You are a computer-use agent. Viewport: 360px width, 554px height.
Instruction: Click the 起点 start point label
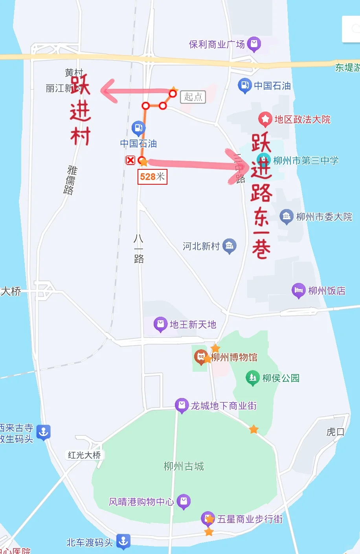click(193, 97)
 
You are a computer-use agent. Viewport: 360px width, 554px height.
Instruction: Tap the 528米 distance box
click(152, 177)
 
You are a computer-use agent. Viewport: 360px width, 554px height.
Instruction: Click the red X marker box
click(130, 160)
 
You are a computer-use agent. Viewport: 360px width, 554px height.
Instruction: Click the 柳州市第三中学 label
click(306, 160)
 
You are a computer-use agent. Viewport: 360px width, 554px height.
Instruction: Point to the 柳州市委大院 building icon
click(286, 216)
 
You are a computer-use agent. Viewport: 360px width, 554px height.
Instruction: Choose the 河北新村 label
click(201, 246)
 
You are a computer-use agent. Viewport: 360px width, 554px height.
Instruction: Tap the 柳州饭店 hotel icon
click(298, 290)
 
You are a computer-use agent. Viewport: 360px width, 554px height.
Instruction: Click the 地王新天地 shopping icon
click(160, 324)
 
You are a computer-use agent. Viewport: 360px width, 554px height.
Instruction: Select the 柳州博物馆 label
click(234, 357)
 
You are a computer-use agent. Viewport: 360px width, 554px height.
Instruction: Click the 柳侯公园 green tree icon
click(252, 378)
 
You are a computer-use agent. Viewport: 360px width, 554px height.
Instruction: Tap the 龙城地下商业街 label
click(224, 405)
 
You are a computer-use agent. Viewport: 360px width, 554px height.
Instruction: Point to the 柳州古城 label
click(184, 466)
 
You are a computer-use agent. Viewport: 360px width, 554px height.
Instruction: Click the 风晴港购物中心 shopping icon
click(184, 501)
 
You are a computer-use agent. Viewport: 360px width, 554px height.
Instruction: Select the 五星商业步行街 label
click(250, 519)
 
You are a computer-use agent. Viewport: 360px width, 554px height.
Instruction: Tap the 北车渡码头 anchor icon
click(123, 541)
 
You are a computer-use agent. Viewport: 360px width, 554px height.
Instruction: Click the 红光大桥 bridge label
click(84, 455)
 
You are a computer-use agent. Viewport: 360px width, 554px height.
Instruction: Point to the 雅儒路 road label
click(71, 180)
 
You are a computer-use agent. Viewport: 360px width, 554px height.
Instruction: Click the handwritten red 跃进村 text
click(81, 110)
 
